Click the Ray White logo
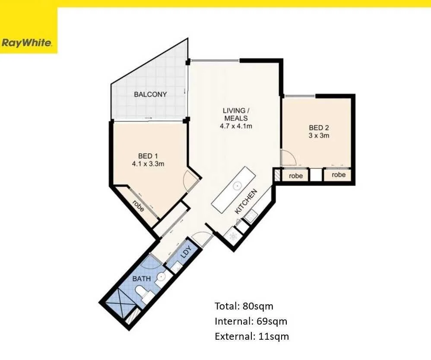(x=27, y=43)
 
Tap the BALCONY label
(x=150, y=94)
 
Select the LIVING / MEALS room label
(x=235, y=114)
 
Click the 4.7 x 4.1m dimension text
(x=236, y=126)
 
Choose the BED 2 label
(x=319, y=127)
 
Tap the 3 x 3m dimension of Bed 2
(x=319, y=136)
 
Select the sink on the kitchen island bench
(x=237, y=186)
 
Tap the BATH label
(x=142, y=278)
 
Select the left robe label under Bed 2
(x=296, y=176)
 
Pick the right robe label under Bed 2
(x=339, y=175)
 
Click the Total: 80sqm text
(x=244, y=306)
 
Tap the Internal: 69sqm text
(x=251, y=321)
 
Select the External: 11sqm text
(x=252, y=336)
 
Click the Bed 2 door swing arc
(x=289, y=158)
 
